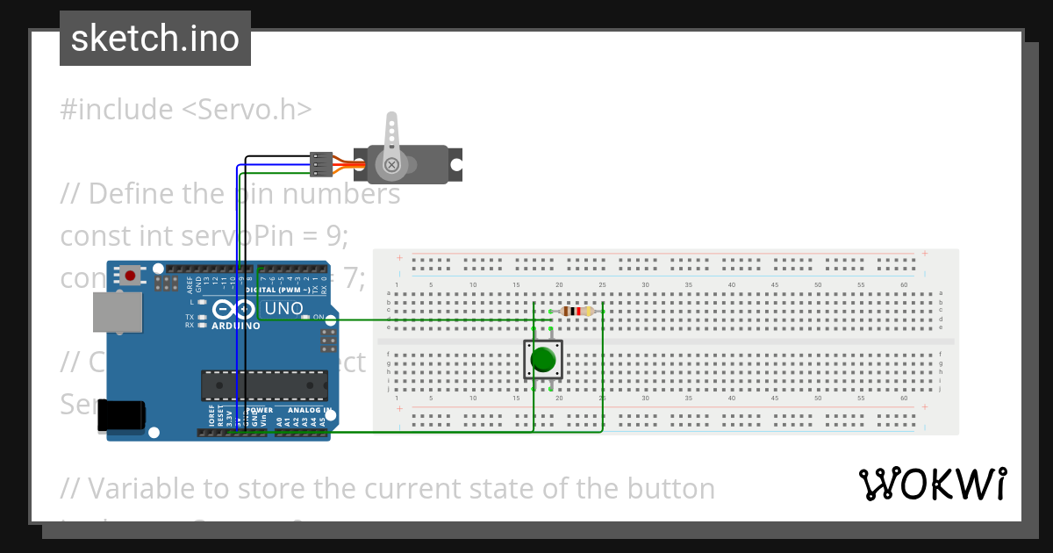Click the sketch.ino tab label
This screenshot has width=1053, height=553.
(x=154, y=39)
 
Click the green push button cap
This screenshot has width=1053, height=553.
(x=543, y=360)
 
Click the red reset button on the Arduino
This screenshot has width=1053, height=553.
(x=131, y=275)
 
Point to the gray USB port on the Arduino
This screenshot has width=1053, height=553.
(x=118, y=312)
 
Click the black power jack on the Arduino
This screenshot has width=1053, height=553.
(x=120, y=415)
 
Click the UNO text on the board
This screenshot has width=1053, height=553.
(x=283, y=309)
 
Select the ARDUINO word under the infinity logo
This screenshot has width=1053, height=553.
(x=235, y=326)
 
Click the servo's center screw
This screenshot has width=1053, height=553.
(x=392, y=164)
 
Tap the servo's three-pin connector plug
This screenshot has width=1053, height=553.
(x=322, y=164)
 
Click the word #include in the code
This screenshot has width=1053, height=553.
(x=117, y=110)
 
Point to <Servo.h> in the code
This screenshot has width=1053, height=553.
(x=247, y=110)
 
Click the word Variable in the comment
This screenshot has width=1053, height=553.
(x=137, y=488)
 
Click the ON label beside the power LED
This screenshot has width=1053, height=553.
(x=319, y=317)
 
